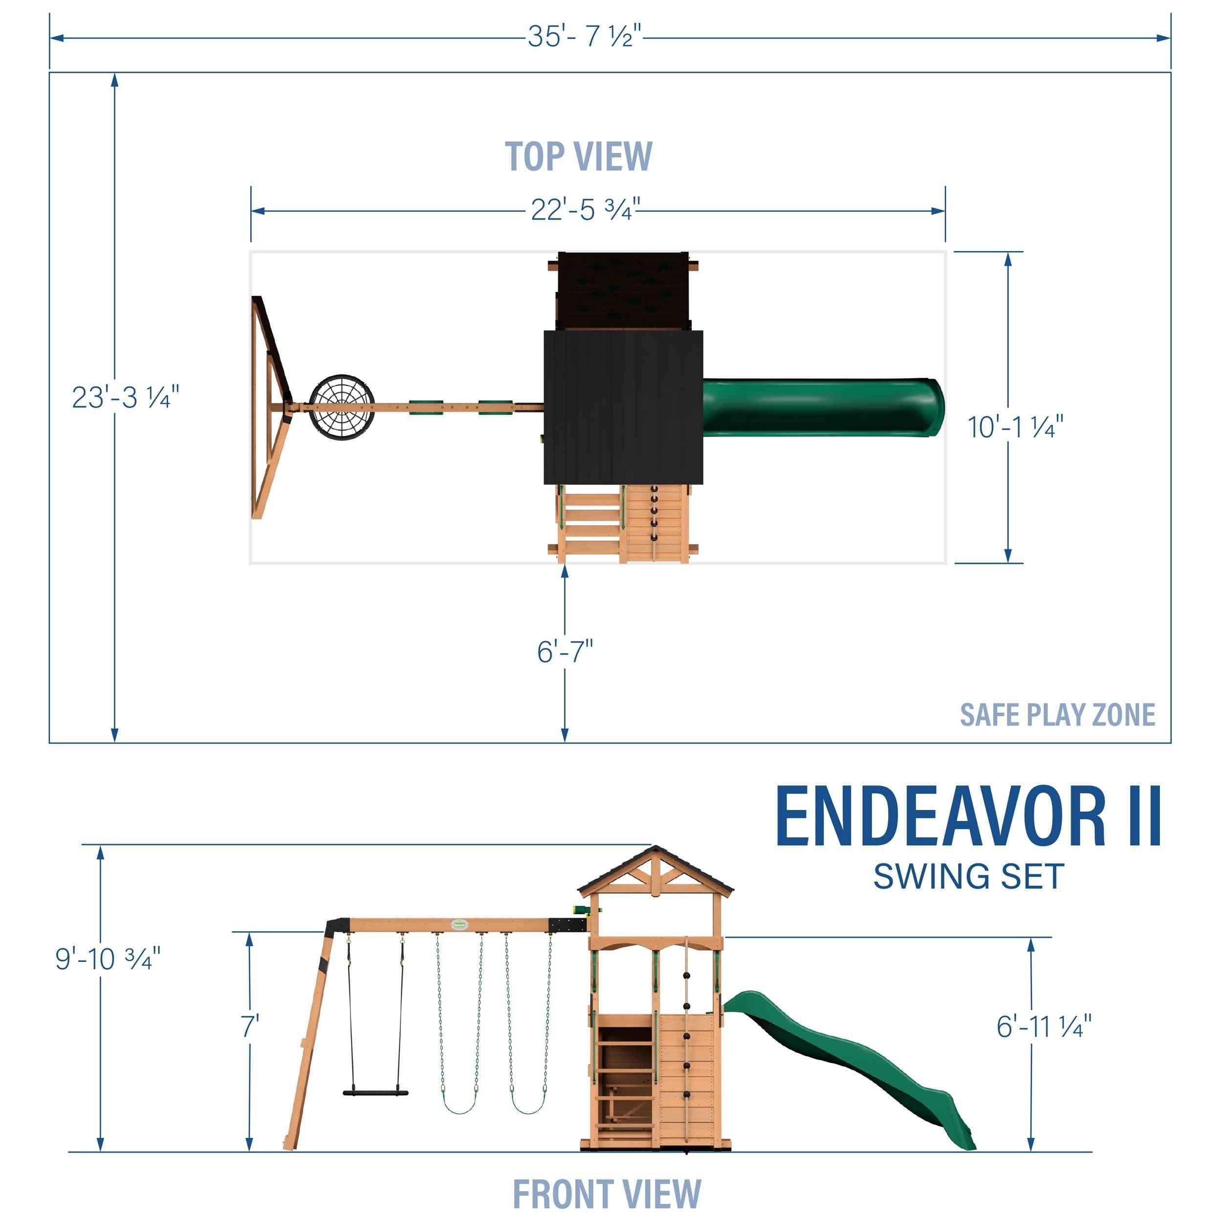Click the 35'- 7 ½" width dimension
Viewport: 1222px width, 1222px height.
click(x=585, y=37)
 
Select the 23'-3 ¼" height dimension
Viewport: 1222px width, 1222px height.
click(x=125, y=397)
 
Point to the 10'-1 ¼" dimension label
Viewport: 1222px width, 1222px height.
click(x=1015, y=428)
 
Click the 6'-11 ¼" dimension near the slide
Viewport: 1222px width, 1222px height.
click(x=1044, y=1026)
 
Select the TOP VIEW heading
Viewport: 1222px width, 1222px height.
click(x=578, y=157)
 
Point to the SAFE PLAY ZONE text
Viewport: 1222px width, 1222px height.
click(x=1057, y=715)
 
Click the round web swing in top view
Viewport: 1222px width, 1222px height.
click(x=342, y=408)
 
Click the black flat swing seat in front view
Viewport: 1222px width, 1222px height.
click(x=376, y=1091)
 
